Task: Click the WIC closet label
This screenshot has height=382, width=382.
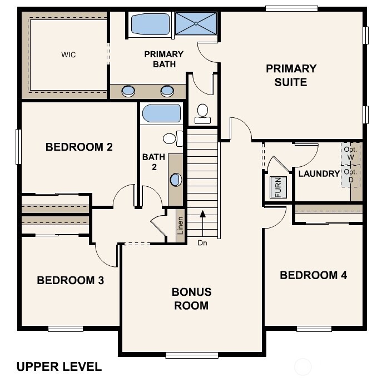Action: pyautogui.click(x=68, y=55)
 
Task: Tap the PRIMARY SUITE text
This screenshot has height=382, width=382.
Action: pyautogui.click(x=291, y=75)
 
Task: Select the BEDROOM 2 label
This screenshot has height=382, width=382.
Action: pyautogui.click(x=79, y=147)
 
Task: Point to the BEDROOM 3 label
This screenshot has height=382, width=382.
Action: pyautogui.click(x=70, y=280)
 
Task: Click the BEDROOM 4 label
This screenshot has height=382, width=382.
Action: pyautogui.click(x=313, y=275)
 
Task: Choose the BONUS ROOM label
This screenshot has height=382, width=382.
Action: pyautogui.click(x=191, y=299)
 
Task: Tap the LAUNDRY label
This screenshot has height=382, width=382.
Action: pyautogui.click(x=319, y=174)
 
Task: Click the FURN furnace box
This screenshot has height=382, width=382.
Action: pyautogui.click(x=277, y=187)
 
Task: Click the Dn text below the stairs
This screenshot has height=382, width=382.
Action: pyautogui.click(x=202, y=242)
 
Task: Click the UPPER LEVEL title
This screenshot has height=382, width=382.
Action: pyautogui.click(x=59, y=367)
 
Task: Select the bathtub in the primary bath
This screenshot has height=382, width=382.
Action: pyautogui.click(x=150, y=24)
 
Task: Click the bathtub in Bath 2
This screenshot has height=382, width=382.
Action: pyautogui.click(x=161, y=113)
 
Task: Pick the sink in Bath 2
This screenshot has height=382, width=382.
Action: pyautogui.click(x=176, y=180)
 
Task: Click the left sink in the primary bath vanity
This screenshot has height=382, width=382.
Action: pyautogui.click(x=128, y=91)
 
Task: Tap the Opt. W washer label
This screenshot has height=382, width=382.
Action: pyautogui.click(x=350, y=153)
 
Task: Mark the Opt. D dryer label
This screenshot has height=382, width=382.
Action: pyautogui.click(x=350, y=176)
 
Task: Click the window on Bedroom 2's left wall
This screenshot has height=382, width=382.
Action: pyautogui.click(x=18, y=146)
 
